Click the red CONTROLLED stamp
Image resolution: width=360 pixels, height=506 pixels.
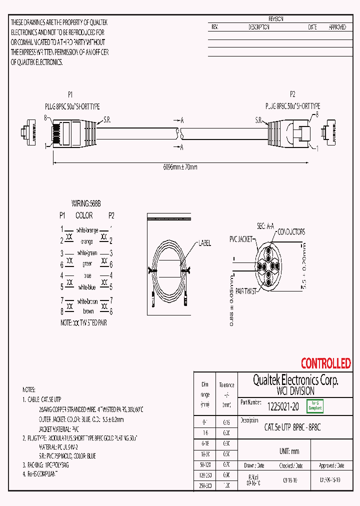pyautogui.click(x=325, y=363)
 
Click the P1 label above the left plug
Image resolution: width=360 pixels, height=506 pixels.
pyautogui.click(x=70, y=94)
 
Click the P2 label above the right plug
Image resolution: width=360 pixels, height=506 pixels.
pyautogui.click(x=293, y=94)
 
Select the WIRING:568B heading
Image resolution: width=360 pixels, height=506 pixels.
pyautogui.click(x=86, y=204)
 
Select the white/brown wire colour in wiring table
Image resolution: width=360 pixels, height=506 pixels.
pyautogui.click(x=87, y=302)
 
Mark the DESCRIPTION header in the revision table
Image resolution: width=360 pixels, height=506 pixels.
pyautogui.click(x=259, y=27)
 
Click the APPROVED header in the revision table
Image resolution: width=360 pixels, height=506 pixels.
pyautogui.click(x=337, y=27)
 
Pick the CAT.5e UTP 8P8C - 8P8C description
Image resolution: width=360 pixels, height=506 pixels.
pyautogui.click(x=292, y=427)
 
